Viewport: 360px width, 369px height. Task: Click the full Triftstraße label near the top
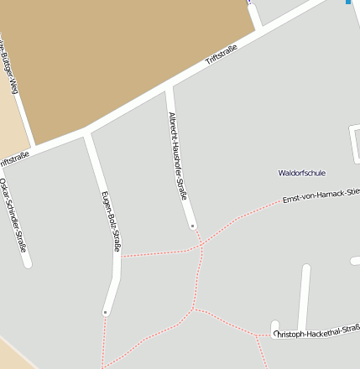point(222,56)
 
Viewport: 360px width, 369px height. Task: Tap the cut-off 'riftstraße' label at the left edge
point(14,158)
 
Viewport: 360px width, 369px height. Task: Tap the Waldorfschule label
point(302,173)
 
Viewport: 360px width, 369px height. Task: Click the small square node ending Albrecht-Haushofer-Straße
point(192,226)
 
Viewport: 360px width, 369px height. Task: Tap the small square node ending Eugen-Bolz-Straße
point(105,312)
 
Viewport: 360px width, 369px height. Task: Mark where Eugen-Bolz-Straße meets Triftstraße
point(86,132)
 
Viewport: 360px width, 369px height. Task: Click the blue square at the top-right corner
point(348,2)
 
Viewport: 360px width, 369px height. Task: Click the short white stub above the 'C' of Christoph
point(274,325)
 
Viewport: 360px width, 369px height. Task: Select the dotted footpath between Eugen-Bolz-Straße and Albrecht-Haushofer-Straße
point(159,252)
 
